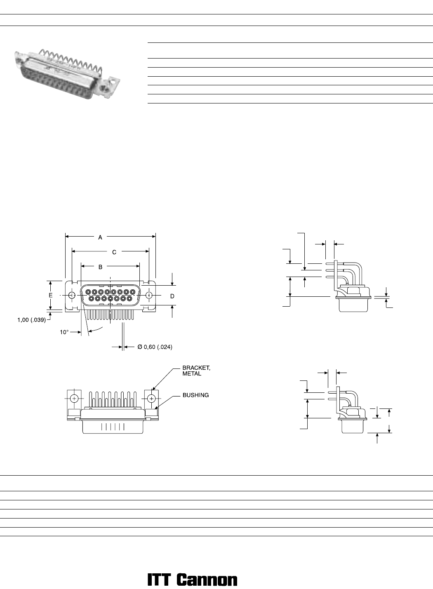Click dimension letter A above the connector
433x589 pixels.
click(x=100, y=237)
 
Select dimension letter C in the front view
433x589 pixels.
click(x=114, y=252)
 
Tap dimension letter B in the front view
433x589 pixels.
click(x=100, y=267)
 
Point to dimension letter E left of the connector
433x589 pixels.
click(x=50, y=295)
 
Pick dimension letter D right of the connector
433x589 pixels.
click(x=172, y=296)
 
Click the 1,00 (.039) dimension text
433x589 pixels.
click(x=32, y=320)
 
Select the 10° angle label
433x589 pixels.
click(x=64, y=332)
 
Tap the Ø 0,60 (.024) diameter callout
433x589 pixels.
click(x=155, y=347)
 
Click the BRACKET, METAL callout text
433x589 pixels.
click(x=196, y=371)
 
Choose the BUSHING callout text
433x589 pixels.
click(x=196, y=395)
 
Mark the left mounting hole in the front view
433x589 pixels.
click(x=72, y=295)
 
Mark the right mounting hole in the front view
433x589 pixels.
click(x=149, y=295)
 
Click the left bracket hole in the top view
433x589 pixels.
click(x=75, y=399)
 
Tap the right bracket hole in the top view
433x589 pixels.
click(x=151, y=399)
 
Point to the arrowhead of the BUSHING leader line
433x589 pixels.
click(x=156, y=409)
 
